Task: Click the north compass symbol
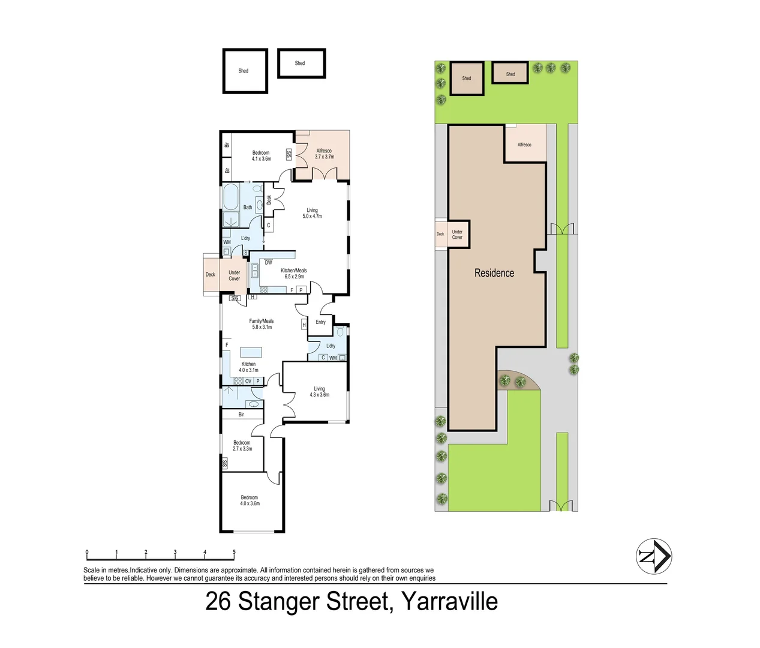point(654,556)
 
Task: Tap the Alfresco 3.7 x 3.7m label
point(325,154)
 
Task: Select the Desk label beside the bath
point(269,200)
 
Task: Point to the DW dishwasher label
point(268,263)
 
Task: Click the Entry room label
point(321,322)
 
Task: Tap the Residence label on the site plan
point(494,273)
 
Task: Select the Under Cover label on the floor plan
point(234,275)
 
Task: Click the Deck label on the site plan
point(440,234)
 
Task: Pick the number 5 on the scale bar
point(234,551)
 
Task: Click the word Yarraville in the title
point(450,601)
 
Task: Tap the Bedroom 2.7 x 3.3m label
point(242,446)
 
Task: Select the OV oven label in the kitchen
point(248,382)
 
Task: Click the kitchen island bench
point(251,352)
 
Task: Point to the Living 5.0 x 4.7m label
point(312,214)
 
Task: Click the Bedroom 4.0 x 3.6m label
point(250,500)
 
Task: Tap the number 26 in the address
point(218,601)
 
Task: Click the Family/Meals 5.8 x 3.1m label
point(262,323)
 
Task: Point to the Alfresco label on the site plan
point(524,145)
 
